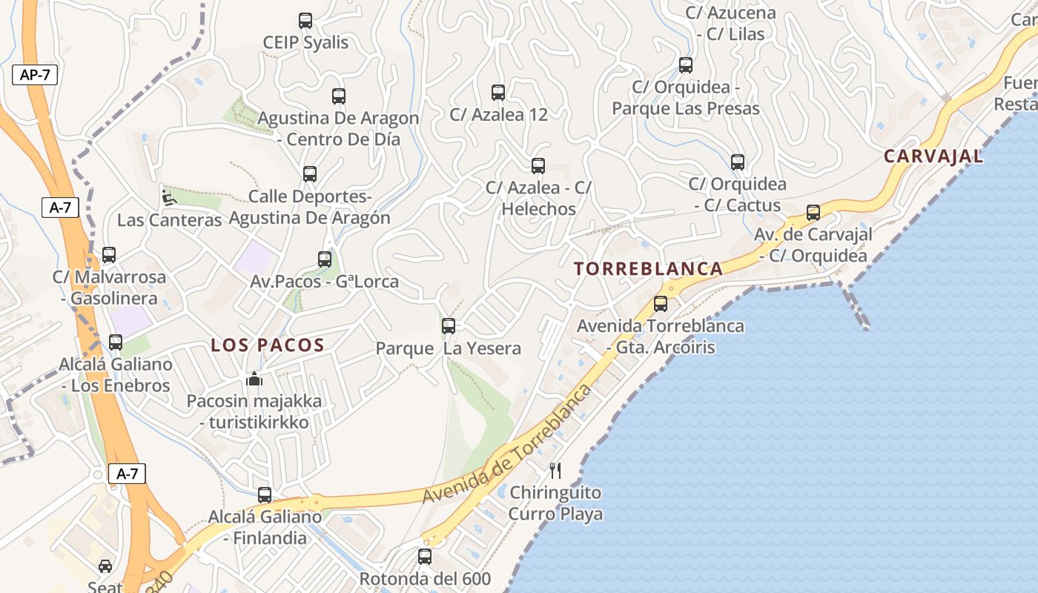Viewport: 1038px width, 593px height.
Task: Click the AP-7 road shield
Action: [35, 75]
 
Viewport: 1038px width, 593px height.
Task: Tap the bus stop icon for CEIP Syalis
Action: [305, 21]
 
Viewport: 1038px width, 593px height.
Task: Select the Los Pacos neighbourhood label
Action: [268, 345]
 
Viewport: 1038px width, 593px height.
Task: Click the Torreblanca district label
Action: [649, 269]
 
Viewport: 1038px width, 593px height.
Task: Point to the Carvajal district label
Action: [933, 156]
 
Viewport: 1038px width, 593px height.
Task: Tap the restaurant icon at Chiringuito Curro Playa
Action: [555, 470]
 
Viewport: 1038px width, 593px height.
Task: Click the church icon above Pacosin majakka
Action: [254, 380]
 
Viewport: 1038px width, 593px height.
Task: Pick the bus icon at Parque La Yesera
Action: [449, 326]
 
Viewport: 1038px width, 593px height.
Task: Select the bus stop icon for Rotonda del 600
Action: [425, 556]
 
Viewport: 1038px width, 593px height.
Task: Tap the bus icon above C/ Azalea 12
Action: [498, 93]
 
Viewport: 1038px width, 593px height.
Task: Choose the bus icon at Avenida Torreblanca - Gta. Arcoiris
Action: [661, 303]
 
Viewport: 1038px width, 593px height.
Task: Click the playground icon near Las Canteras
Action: [169, 197]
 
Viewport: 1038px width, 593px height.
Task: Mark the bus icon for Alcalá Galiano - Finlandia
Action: [265, 494]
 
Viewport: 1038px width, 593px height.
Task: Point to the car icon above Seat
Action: [105, 566]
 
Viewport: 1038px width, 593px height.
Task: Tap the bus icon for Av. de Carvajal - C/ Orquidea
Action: [813, 213]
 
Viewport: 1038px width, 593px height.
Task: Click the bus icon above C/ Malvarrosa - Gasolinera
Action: [109, 255]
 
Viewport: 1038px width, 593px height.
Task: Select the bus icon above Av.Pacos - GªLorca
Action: [325, 259]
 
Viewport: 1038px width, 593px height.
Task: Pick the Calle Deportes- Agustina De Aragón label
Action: [309, 208]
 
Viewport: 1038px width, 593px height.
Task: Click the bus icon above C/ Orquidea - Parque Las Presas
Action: [686, 65]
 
